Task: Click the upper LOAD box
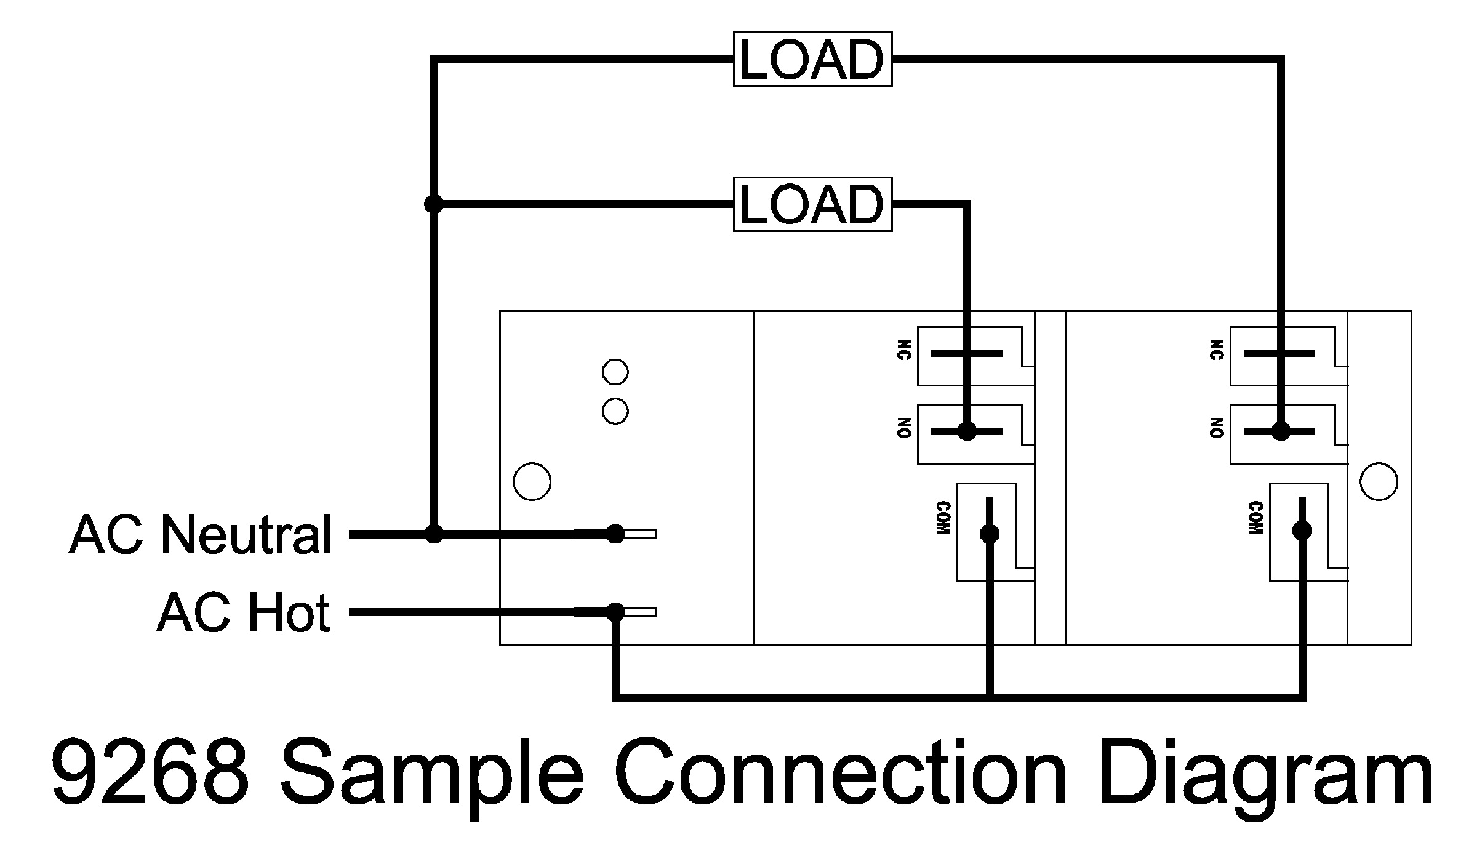click(x=812, y=59)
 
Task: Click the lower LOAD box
click(x=812, y=204)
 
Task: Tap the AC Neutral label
click(x=201, y=535)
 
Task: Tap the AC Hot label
click(x=244, y=613)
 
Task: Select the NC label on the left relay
click(x=904, y=350)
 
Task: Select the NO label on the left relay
click(x=904, y=428)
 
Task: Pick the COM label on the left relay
click(x=943, y=518)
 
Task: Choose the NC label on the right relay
click(x=1217, y=350)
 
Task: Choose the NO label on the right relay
click(x=1217, y=428)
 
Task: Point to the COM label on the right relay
click(x=1256, y=518)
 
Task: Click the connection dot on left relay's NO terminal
click(x=967, y=432)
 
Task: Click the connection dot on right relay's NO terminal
click(x=1281, y=432)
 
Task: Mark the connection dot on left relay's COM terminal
click(x=990, y=533)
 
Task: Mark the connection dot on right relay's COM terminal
click(x=1302, y=531)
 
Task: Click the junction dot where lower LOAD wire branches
click(x=434, y=203)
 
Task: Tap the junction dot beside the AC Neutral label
click(x=434, y=534)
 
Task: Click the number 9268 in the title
click(x=151, y=775)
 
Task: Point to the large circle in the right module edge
click(x=1379, y=481)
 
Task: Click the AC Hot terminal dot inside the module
click(x=615, y=612)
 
